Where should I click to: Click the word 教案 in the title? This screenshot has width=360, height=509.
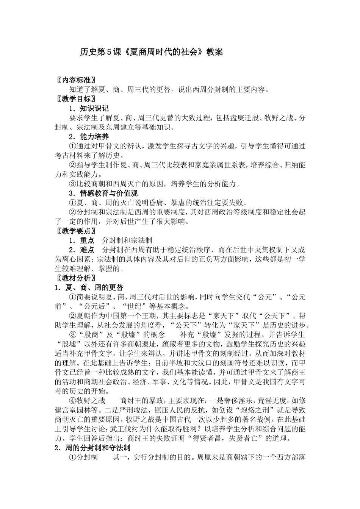pos(215,52)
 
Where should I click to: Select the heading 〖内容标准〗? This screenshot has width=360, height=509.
pos(75,80)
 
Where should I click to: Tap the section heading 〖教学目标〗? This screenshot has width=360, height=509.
pos(75,99)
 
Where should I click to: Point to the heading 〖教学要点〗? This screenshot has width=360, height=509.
pos(75,231)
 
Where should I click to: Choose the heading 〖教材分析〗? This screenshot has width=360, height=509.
pos(75,278)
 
